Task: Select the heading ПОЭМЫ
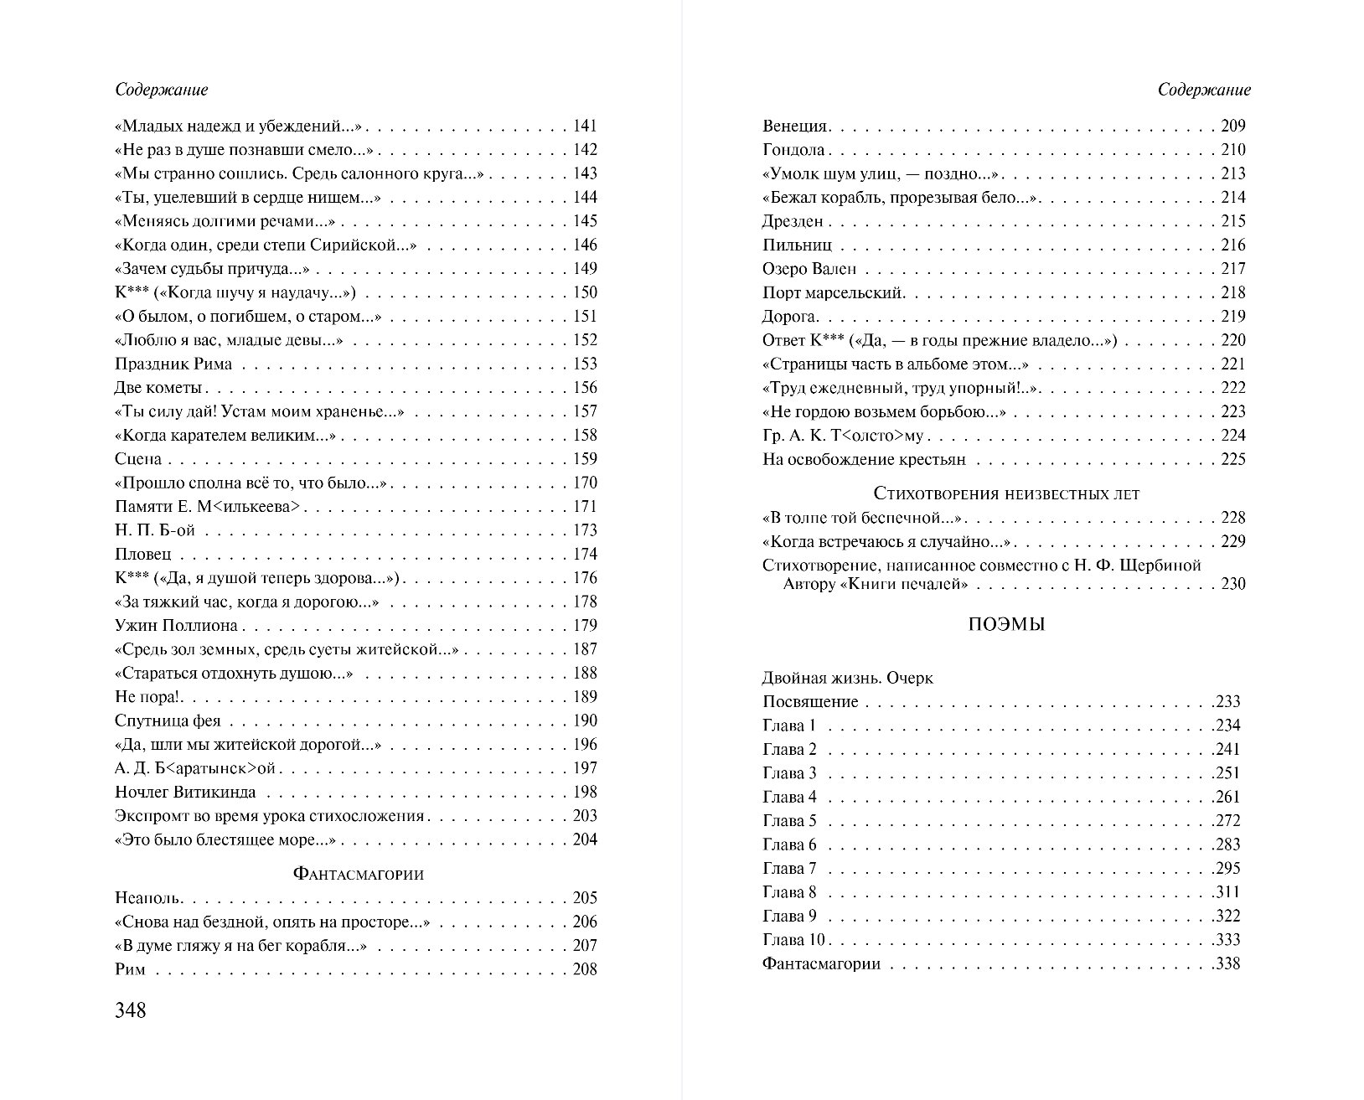click(1006, 625)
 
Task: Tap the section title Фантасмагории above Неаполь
click(359, 874)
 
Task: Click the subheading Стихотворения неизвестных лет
click(1006, 493)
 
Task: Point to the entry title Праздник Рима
click(173, 364)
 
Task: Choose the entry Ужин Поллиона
click(176, 626)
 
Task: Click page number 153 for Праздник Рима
click(585, 364)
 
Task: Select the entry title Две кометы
click(158, 388)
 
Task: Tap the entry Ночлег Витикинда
click(185, 793)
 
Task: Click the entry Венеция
click(795, 127)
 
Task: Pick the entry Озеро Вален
click(809, 269)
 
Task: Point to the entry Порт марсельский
click(833, 293)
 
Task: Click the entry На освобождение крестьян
click(864, 459)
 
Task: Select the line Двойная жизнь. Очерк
click(847, 678)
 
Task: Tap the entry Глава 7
click(789, 869)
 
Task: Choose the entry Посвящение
click(810, 702)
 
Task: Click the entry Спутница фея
click(168, 721)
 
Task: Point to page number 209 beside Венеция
click(1232, 127)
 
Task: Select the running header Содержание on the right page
click(1204, 90)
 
